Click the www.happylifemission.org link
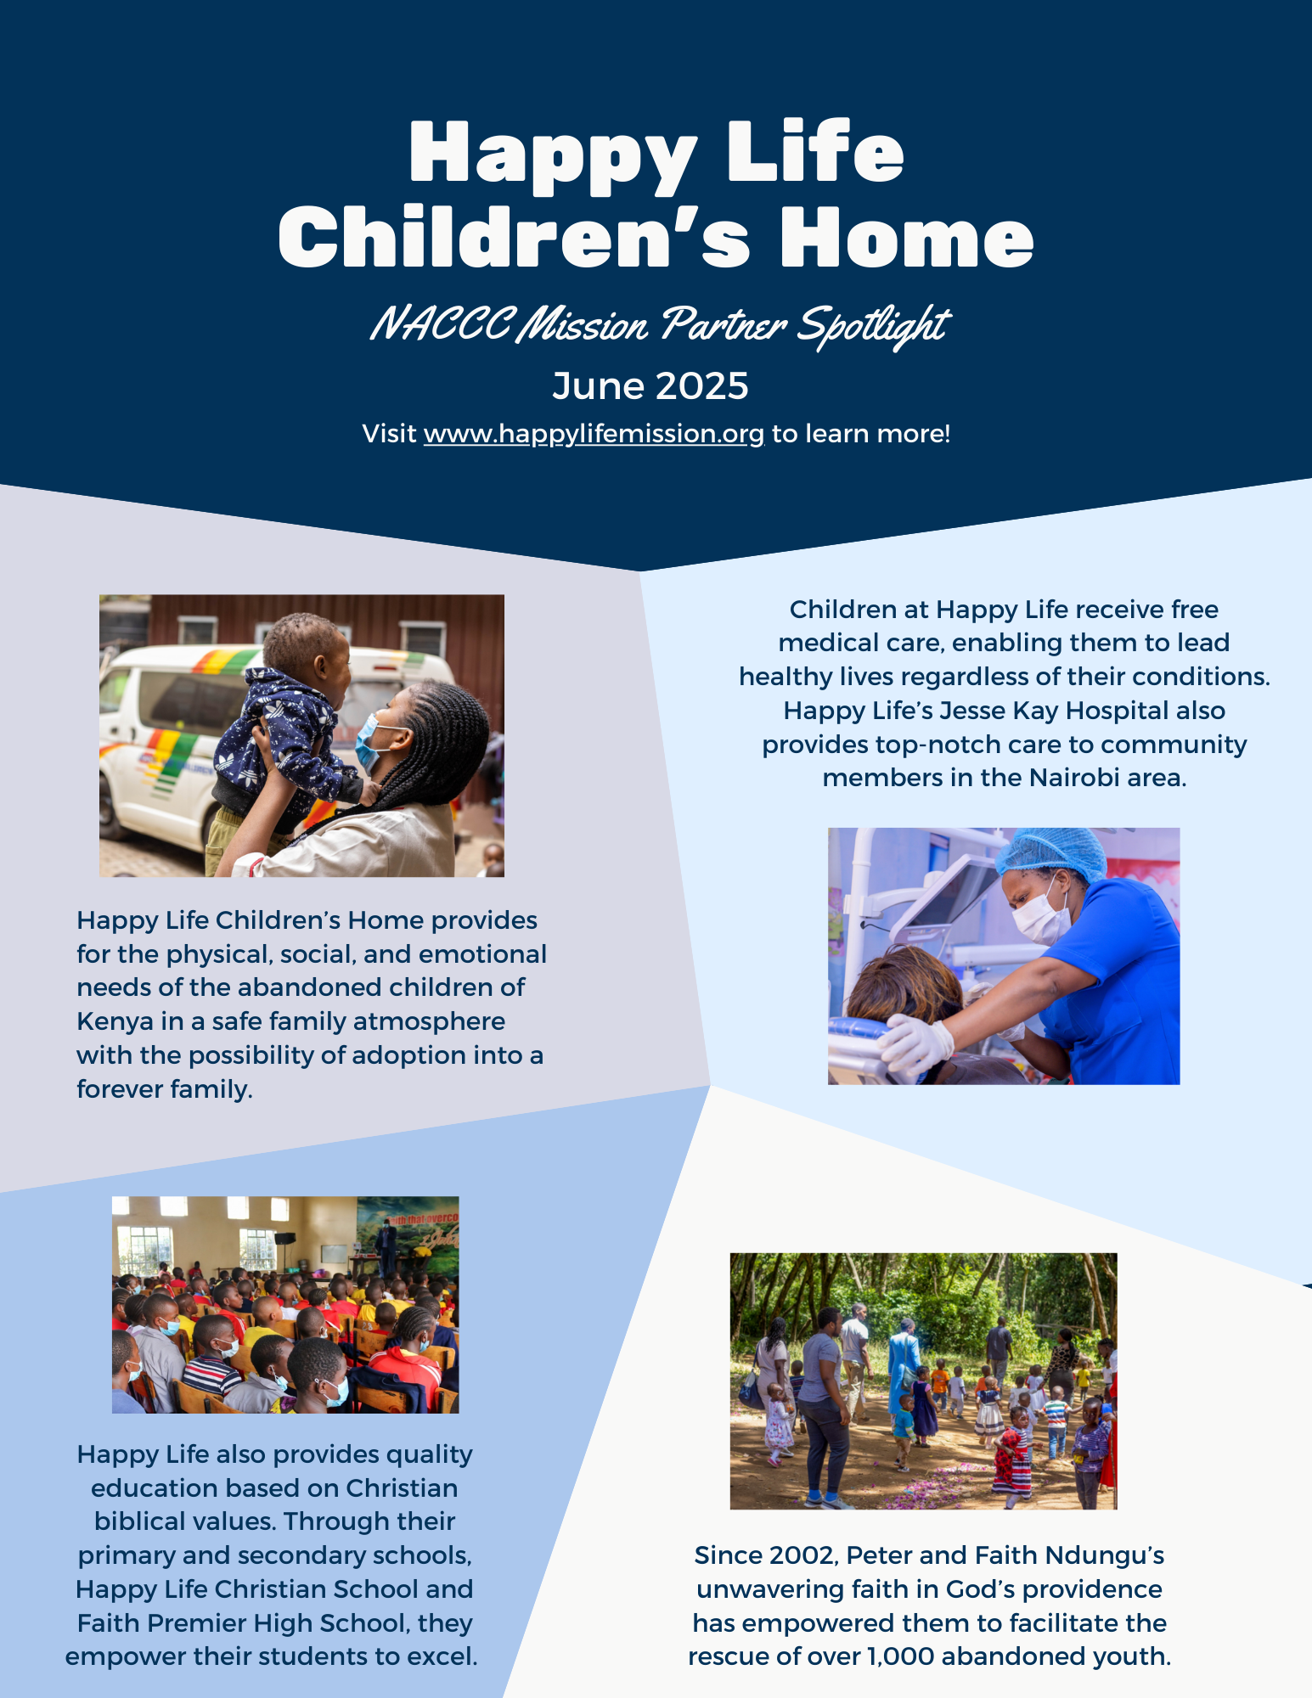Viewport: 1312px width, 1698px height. coord(594,434)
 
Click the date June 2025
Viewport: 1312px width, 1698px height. coord(650,386)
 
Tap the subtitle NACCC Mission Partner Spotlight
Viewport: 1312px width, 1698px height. coord(659,325)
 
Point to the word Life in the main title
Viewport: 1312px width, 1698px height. coord(816,153)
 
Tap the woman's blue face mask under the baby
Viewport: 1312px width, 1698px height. coord(370,740)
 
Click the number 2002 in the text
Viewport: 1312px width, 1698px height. coord(802,1555)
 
